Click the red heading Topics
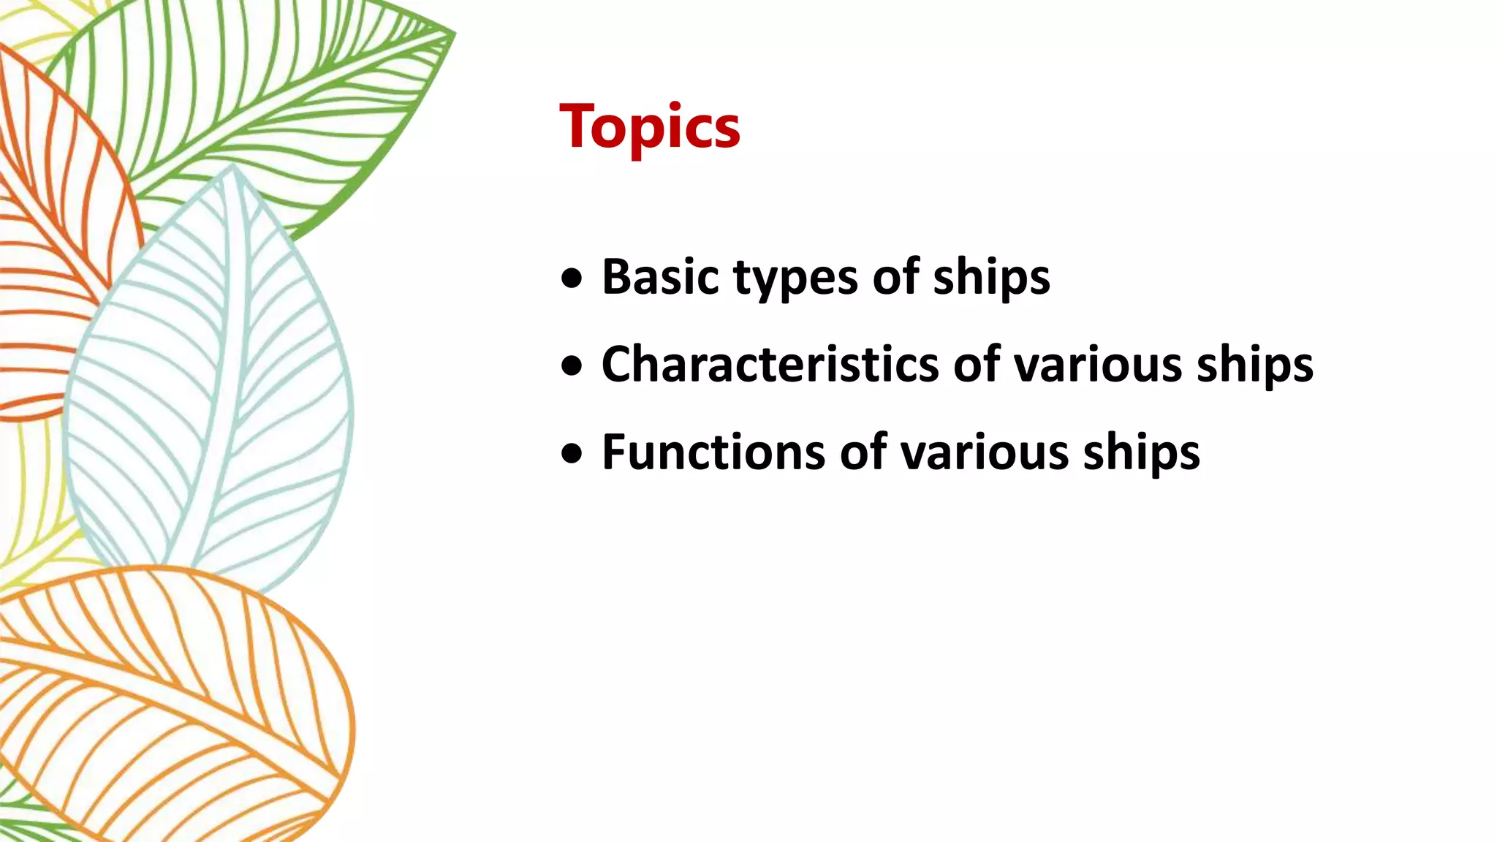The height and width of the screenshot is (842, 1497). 650,126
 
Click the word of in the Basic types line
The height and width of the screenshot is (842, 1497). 895,277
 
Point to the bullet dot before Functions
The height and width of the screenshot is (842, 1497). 572,454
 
